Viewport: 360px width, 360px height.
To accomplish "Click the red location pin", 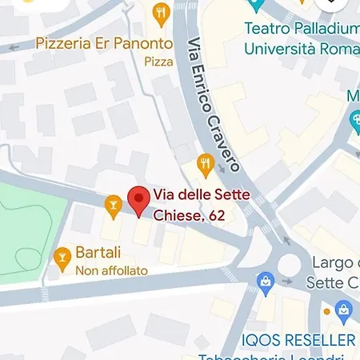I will point(139,200).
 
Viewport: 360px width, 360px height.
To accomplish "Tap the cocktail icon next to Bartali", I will point(61,256).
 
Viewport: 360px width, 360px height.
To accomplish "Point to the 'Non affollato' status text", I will point(111,271).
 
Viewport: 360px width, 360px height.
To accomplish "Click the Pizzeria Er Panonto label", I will point(104,42).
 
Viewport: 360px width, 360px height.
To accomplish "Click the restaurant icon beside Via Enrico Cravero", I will point(206,166).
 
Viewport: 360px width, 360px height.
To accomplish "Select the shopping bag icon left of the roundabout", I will point(264,282).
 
